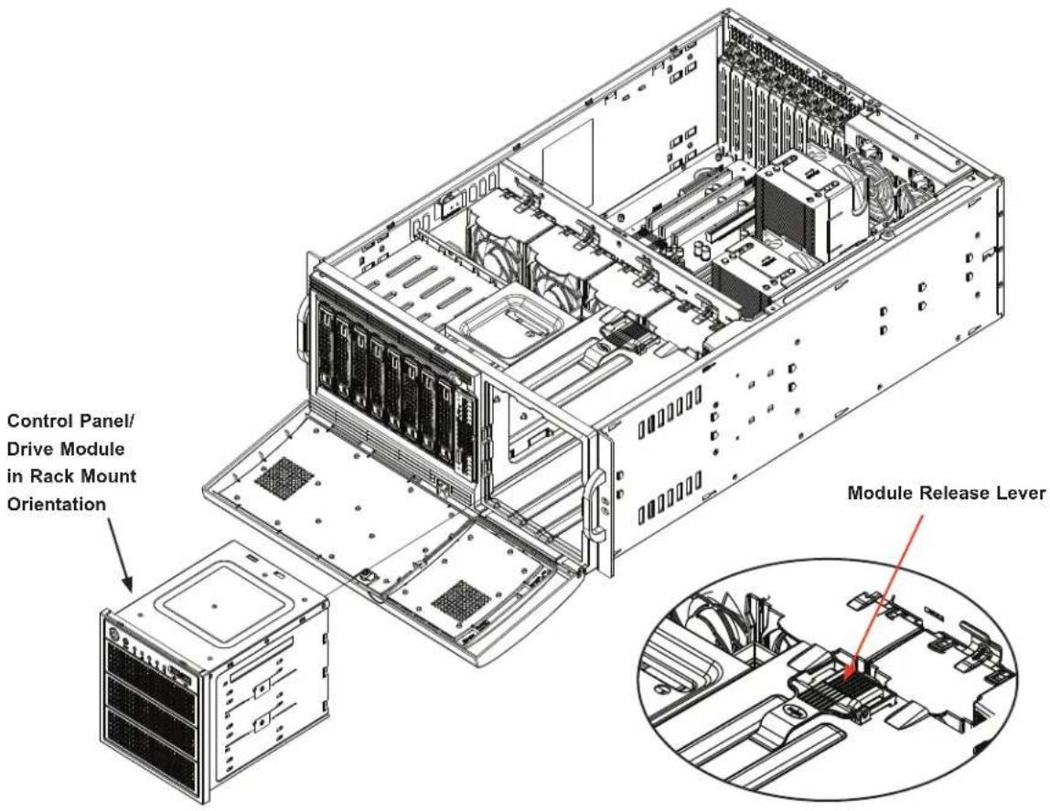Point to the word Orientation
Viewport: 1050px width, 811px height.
coord(57,504)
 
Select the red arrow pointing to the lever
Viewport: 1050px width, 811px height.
coord(886,592)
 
